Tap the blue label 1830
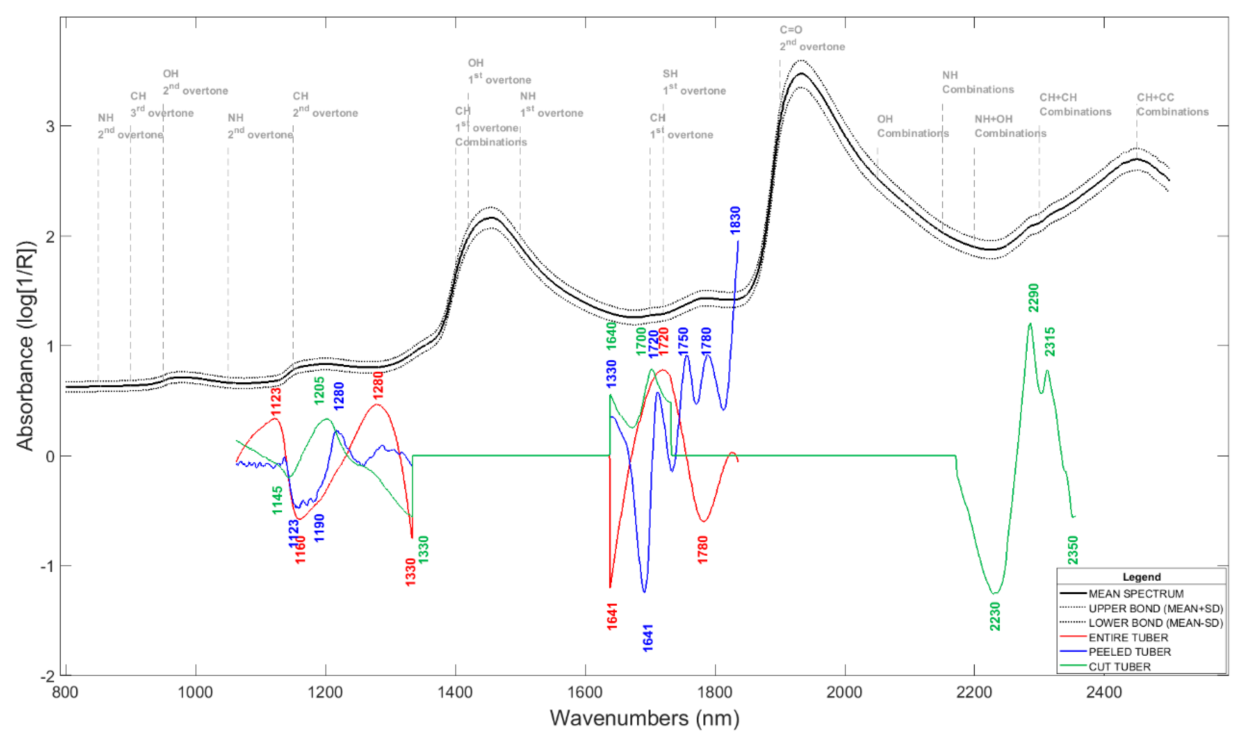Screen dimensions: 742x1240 point(735,220)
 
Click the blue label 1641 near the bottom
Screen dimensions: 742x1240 point(648,637)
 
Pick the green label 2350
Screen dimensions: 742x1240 point(1073,550)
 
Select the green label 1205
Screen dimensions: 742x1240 point(319,390)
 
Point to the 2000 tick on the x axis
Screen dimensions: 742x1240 point(844,693)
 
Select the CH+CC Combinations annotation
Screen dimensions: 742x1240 point(1172,105)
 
